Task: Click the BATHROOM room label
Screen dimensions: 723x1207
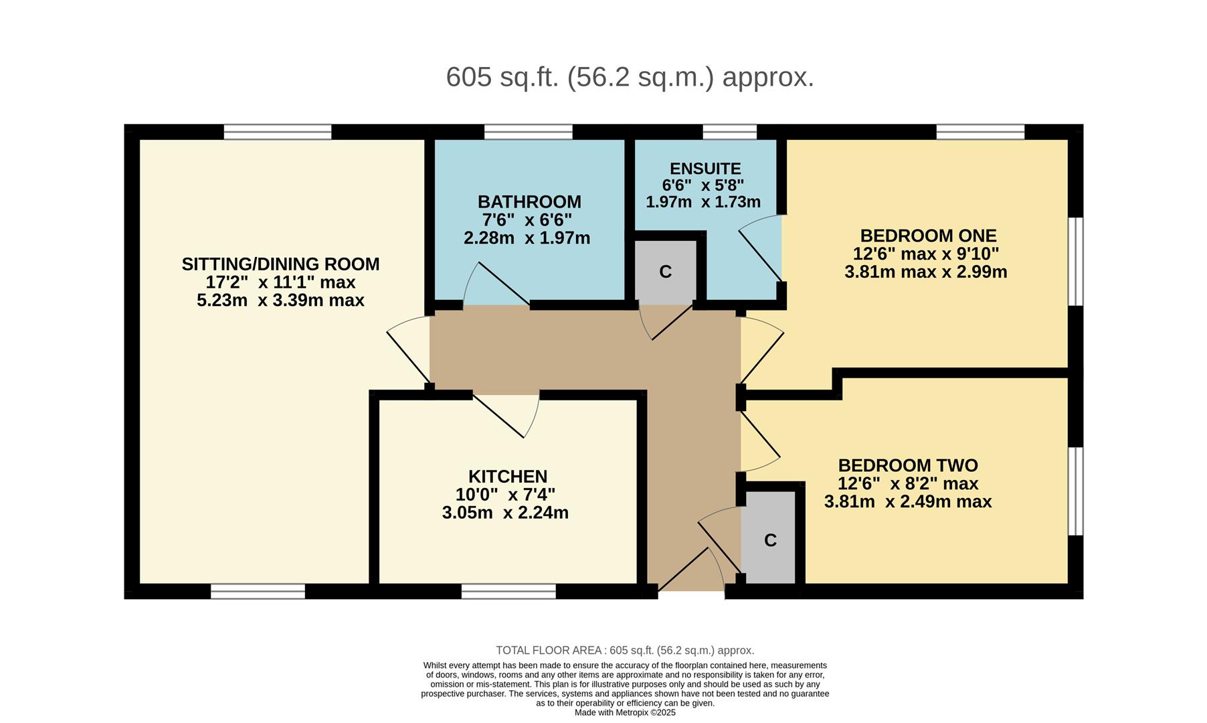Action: coord(529,202)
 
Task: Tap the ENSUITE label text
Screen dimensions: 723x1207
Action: coord(705,169)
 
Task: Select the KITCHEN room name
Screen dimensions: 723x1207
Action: coord(507,477)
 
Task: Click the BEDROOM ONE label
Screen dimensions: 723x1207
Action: coord(928,236)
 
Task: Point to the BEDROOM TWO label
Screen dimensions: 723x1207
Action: coord(907,465)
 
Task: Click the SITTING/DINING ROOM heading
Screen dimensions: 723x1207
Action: coord(280,264)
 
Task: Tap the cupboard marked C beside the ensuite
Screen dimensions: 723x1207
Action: coord(665,272)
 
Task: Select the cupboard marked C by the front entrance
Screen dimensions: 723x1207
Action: coord(770,540)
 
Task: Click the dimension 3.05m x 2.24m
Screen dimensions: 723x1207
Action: coord(505,513)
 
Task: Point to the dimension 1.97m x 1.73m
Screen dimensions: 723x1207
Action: coord(703,202)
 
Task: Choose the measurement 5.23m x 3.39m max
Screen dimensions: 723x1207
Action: coord(280,300)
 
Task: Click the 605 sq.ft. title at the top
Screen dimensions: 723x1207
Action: coord(630,77)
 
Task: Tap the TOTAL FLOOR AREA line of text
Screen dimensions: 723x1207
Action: coord(624,650)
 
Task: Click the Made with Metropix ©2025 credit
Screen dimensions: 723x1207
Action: coord(625,712)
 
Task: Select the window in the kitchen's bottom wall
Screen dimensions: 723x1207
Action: coord(508,592)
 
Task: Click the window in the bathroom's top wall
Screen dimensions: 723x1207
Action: coord(528,132)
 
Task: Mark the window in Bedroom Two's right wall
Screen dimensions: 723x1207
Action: coord(1075,491)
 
